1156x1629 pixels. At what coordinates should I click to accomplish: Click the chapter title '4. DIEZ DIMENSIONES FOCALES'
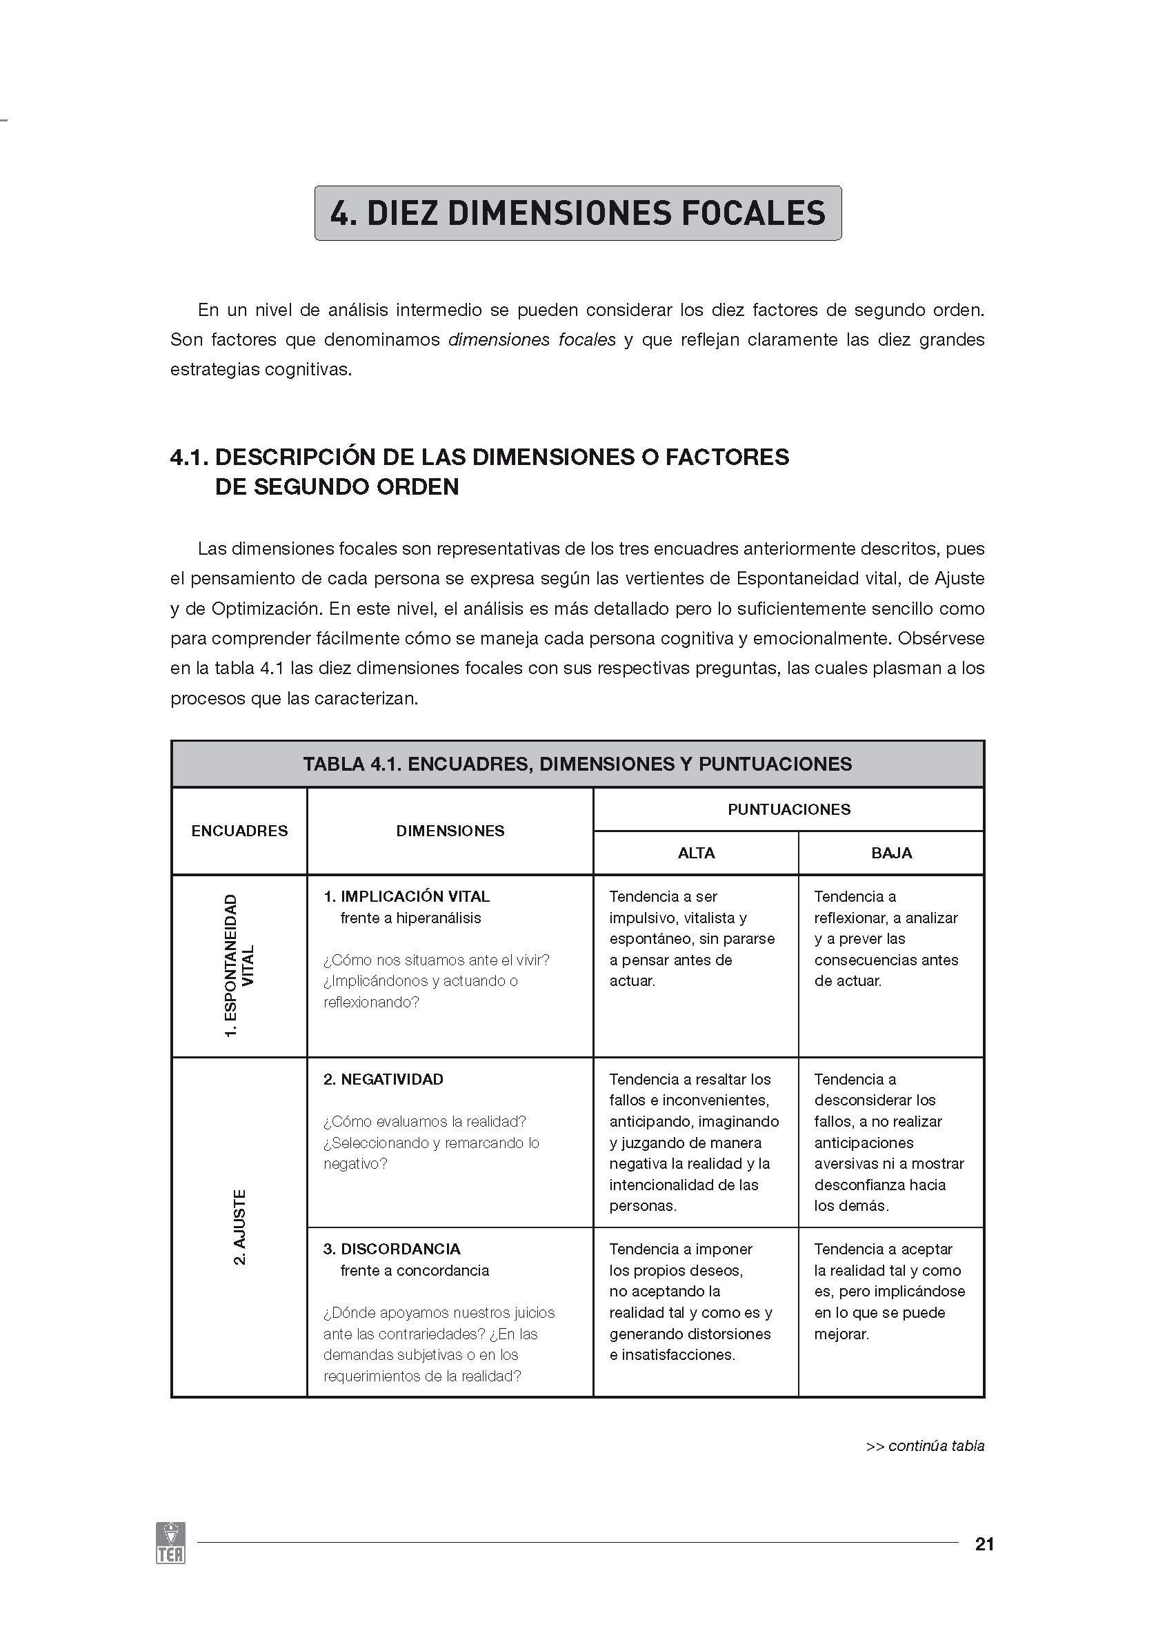(x=577, y=213)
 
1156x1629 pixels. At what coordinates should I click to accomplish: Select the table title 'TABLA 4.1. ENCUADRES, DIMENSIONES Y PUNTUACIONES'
(x=577, y=764)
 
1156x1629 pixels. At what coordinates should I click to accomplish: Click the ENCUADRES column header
(x=239, y=831)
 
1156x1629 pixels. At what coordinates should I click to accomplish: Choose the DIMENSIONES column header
(x=450, y=831)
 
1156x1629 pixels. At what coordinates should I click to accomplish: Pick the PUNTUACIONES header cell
(x=788, y=809)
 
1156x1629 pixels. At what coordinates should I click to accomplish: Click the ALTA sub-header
(x=695, y=853)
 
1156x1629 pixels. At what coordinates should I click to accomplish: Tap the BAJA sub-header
(x=891, y=853)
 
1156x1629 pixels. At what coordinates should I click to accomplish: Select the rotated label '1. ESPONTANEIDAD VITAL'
(x=239, y=966)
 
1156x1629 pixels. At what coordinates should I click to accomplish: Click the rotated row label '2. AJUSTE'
(x=240, y=1227)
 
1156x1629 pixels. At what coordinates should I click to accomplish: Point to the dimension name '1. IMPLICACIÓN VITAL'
(x=406, y=896)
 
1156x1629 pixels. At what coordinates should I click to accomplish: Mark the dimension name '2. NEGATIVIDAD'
(x=383, y=1079)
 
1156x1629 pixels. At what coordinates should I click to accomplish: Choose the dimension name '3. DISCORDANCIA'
(x=392, y=1249)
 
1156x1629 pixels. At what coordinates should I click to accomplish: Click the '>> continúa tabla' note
(x=925, y=1446)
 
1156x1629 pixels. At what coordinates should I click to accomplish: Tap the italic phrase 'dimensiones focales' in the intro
(x=532, y=340)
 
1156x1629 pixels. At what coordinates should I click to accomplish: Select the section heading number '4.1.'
(x=190, y=457)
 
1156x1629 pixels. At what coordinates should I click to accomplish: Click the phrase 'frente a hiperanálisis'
(x=410, y=918)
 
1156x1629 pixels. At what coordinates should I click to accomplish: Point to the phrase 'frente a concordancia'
(x=415, y=1271)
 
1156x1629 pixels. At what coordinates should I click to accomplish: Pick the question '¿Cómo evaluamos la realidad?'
(x=424, y=1122)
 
